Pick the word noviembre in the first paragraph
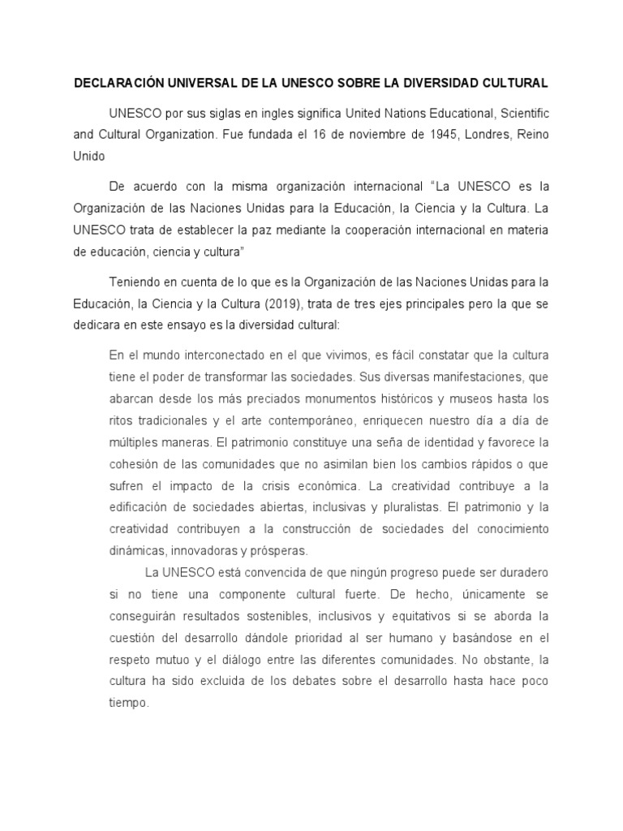(354, 133)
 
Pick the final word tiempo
(127, 702)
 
